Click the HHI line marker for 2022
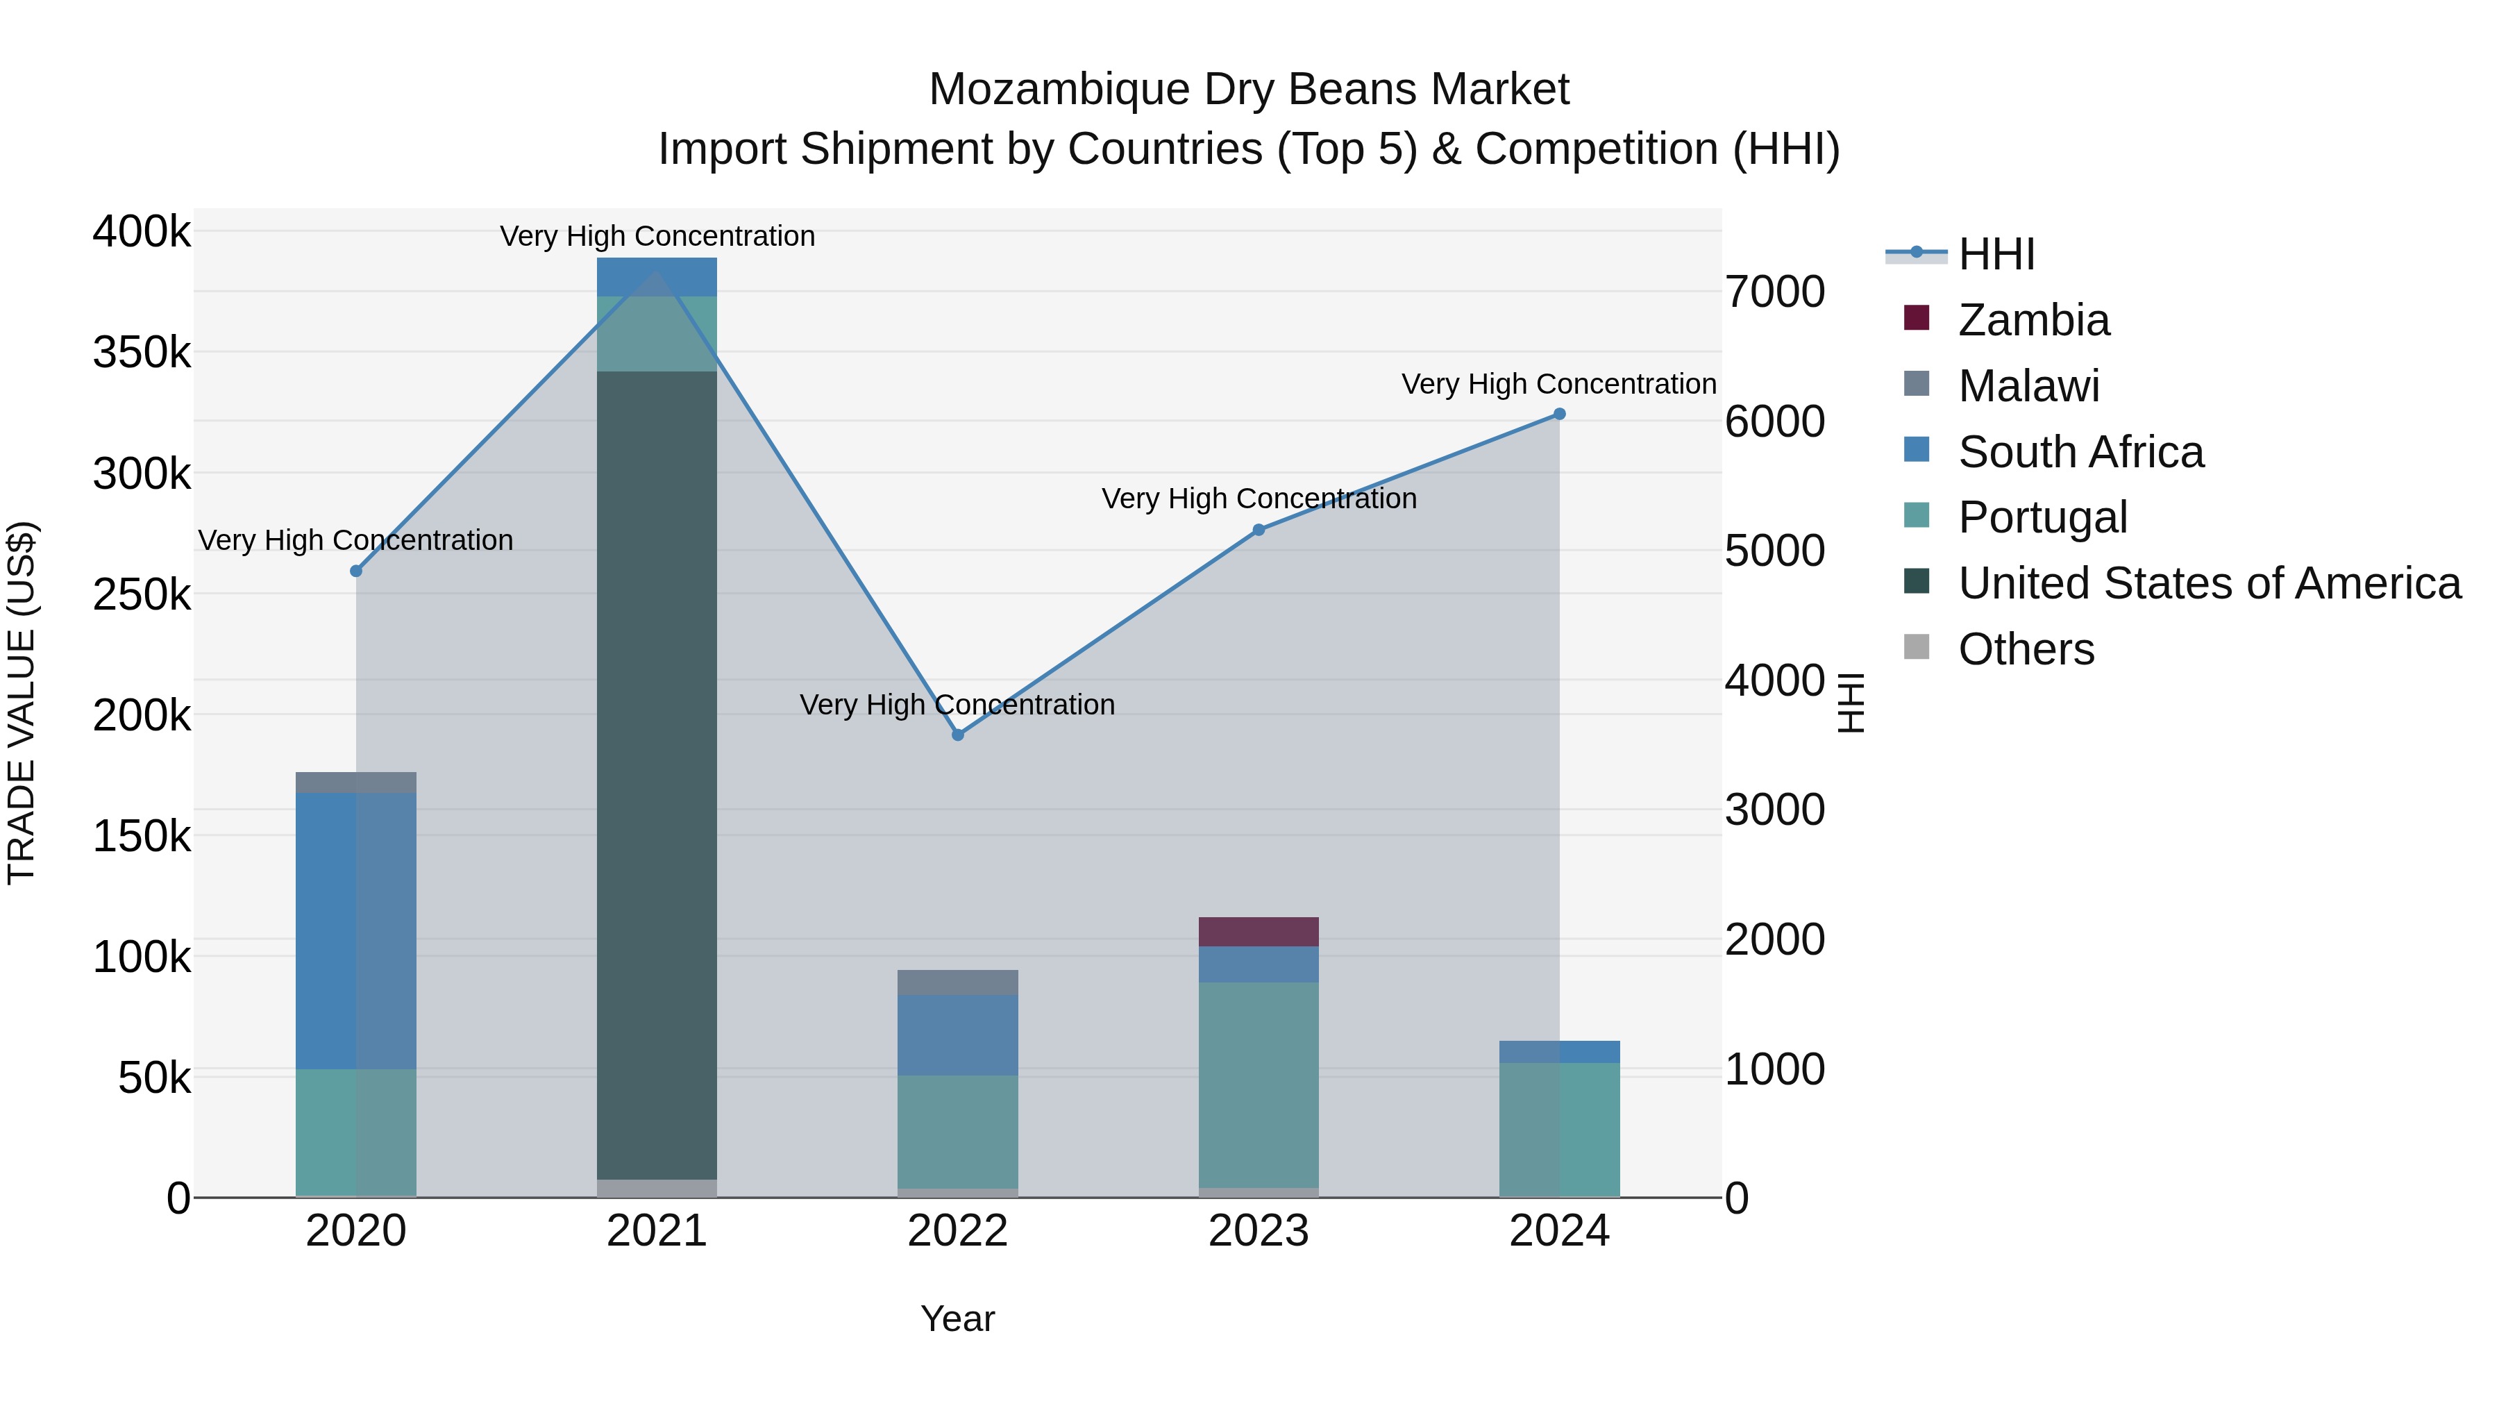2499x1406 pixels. click(x=957, y=735)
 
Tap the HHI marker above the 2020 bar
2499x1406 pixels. click(x=356, y=571)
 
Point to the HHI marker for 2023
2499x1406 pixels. click(x=1259, y=530)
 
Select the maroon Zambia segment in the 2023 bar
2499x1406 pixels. click(x=1259, y=932)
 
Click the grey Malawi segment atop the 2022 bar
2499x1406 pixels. click(x=957, y=982)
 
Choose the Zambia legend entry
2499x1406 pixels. click(x=2033, y=320)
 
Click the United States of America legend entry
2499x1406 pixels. click(x=2209, y=583)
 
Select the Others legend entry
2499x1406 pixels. click(x=2026, y=649)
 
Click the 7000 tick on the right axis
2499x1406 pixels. click(x=1774, y=292)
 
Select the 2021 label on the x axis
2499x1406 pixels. click(x=657, y=1231)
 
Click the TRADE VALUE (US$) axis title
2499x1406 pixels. click(x=22, y=703)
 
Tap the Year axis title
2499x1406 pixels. click(x=957, y=1319)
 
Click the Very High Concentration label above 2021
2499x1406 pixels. click(x=657, y=236)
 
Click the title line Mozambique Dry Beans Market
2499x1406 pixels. click(x=1249, y=90)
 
